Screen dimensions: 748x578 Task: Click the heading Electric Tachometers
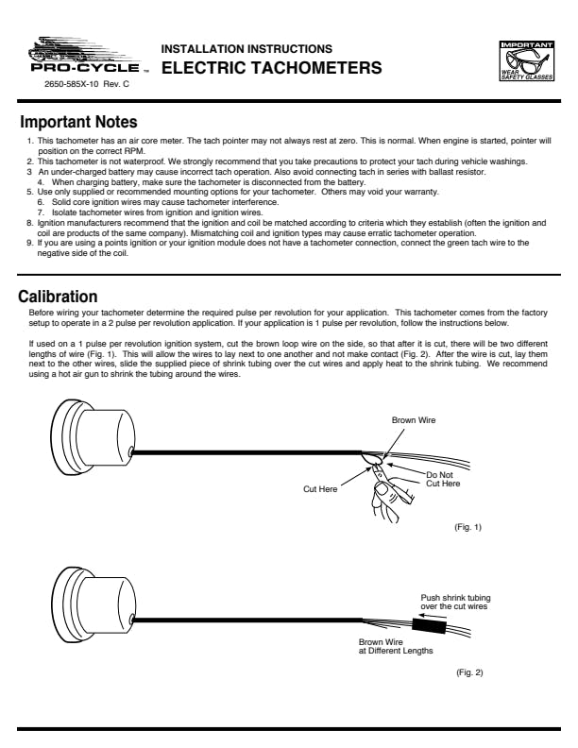[272, 68]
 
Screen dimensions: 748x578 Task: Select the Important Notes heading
[79, 123]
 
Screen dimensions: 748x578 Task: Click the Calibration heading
[59, 296]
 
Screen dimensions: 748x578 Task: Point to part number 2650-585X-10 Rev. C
[87, 85]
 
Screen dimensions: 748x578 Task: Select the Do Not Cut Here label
[443, 479]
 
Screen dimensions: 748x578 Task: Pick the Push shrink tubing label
[455, 601]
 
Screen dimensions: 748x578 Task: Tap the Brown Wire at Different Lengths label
[396, 647]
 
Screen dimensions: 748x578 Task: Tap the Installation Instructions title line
[246, 48]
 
